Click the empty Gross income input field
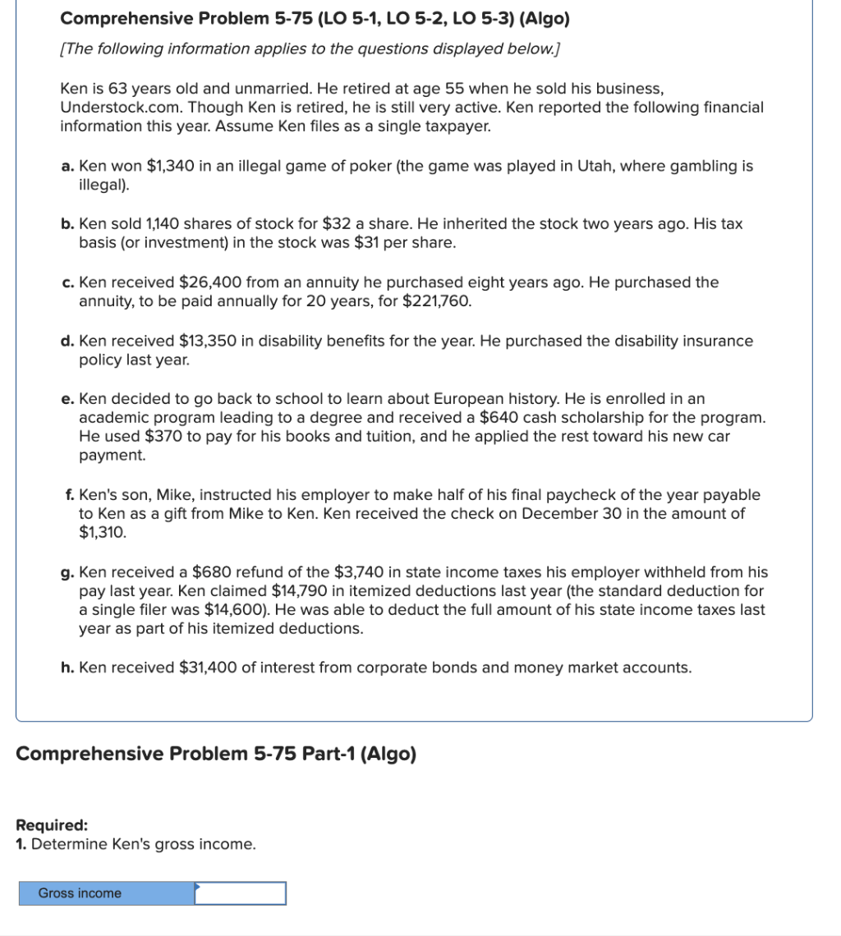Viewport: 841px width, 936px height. click(x=241, y=893)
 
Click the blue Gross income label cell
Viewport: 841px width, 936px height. click(x=107, y=893)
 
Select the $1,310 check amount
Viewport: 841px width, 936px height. click(x=103, y=532)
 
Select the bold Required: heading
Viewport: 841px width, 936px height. click(x=52, y=826)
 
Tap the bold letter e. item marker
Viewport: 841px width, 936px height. click(x=68, y=399)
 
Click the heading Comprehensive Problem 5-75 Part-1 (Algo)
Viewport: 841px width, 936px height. click(x=216, y=754)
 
